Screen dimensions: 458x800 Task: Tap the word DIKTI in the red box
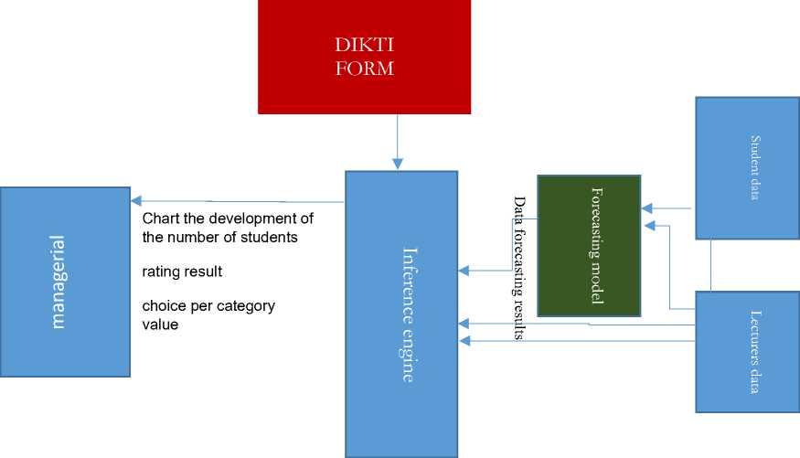pos(364,44)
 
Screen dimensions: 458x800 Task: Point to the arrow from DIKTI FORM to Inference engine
pos(397,142)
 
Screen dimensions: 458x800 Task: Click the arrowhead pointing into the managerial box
pos(136,200)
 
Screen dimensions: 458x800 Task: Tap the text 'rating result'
pos(182,272)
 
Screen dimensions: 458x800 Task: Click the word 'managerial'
pos(59,282)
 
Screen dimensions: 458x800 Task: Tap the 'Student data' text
pos(755,167)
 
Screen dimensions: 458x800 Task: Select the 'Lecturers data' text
pos(755,352)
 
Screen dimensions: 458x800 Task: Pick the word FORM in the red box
pos(364,68)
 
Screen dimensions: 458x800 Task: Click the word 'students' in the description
pos(270,239)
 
